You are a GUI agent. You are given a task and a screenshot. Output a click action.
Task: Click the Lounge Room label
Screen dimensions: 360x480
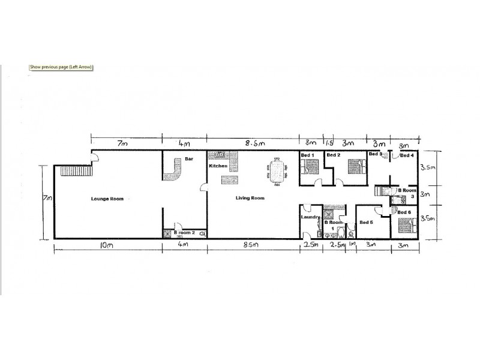(107, 199)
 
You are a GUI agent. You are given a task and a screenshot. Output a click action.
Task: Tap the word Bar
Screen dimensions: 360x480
(188, 159)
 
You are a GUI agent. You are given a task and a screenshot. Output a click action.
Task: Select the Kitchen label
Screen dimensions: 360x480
(217, 166)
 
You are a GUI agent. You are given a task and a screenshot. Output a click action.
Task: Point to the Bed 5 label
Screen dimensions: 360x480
(366, 223)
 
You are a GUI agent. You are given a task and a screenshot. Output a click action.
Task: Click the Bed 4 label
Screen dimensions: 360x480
(406, 156)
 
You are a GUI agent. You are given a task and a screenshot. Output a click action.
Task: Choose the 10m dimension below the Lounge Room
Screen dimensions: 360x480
(108, 246)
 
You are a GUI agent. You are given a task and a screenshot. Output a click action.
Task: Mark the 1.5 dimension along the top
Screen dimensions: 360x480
(329, 144)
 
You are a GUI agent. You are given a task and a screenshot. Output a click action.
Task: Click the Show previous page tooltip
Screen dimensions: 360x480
(61, 67)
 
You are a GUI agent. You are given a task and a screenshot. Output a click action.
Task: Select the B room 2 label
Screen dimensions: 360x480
(184, 232)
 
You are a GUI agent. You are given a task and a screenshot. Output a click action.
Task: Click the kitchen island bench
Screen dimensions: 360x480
(228, 179)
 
